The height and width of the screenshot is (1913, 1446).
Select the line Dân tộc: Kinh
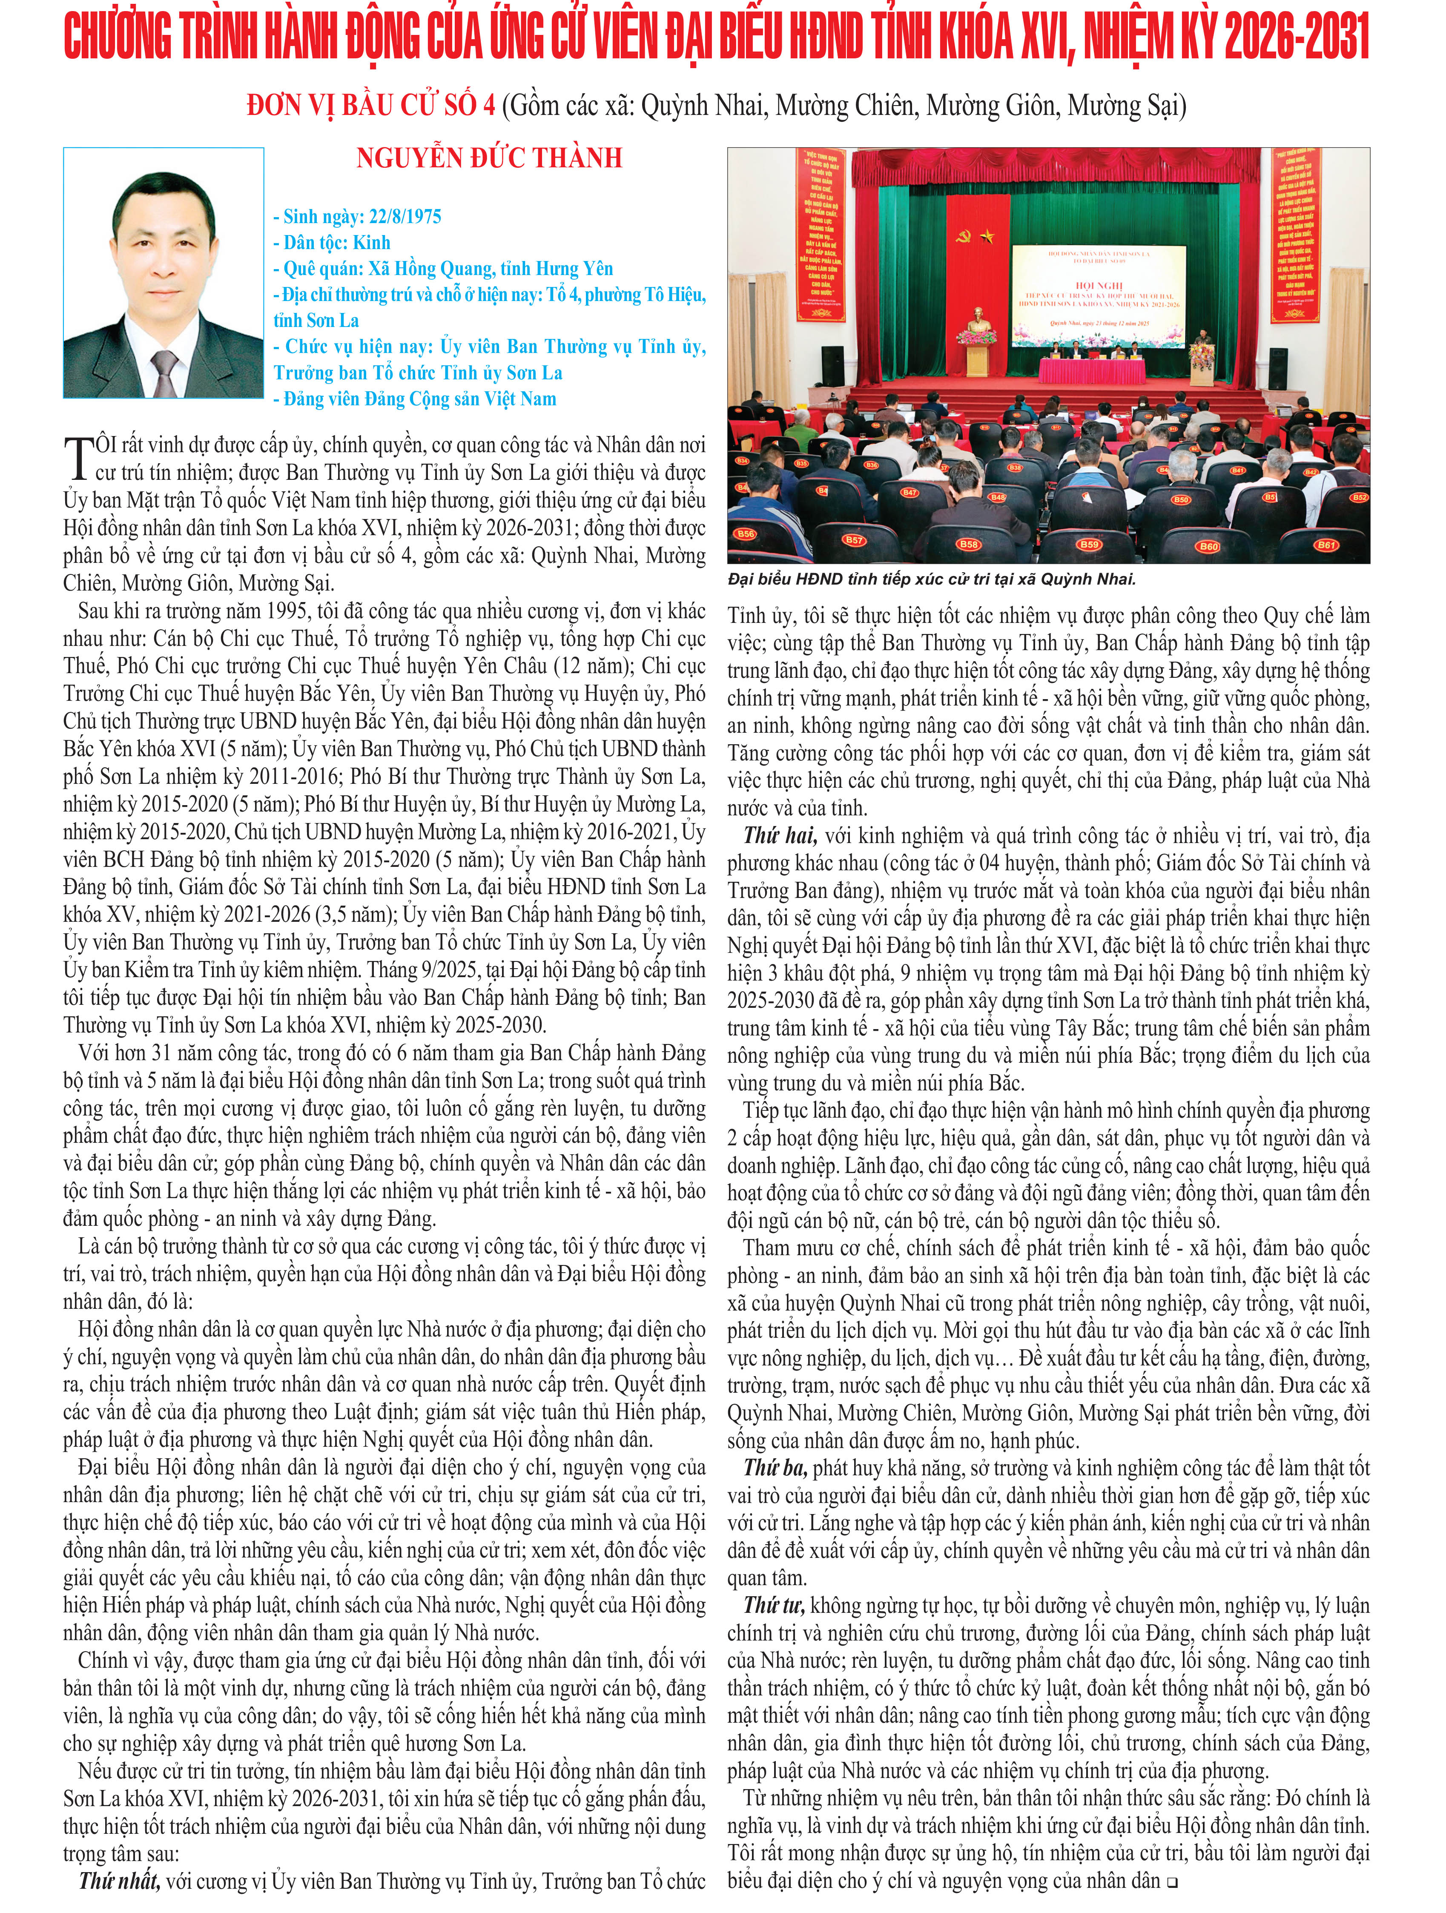[332, 242]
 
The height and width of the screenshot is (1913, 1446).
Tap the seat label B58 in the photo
[969, 544]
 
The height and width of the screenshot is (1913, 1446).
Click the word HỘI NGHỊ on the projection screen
[1098, 284]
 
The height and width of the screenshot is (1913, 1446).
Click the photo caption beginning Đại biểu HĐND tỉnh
[931, 579]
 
